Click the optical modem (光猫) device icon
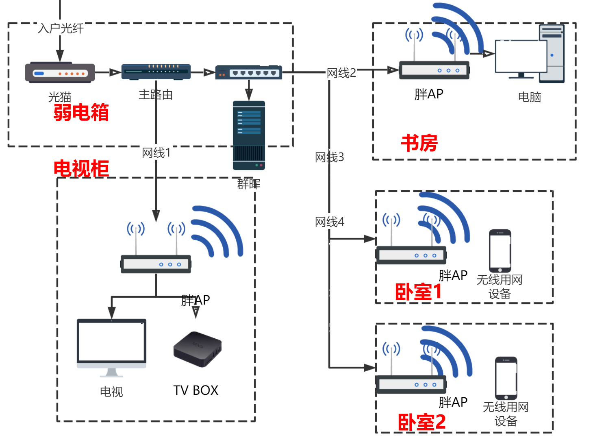60,73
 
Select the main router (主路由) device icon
156,72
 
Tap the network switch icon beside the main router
249,72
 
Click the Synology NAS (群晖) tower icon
249,135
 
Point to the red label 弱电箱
81,113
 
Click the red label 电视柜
81,168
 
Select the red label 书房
419,143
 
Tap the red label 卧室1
418,292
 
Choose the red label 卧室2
421,422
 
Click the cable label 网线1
156,153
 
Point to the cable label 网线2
341,73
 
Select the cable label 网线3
329,157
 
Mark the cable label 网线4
329,222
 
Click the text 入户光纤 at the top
61,28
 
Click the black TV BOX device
198,349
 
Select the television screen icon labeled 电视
111,346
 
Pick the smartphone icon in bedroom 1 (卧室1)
500,251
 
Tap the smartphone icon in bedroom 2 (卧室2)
506,378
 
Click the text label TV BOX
195,390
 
